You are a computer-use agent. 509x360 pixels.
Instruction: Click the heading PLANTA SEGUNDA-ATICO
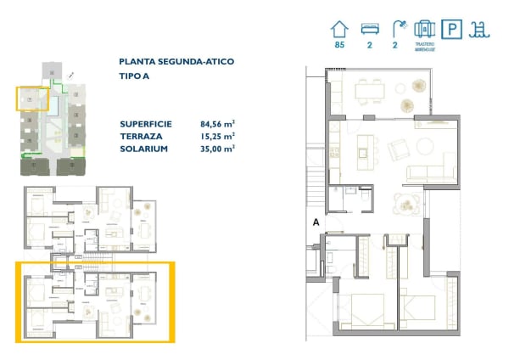177,62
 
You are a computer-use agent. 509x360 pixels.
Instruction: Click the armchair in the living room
397,150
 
